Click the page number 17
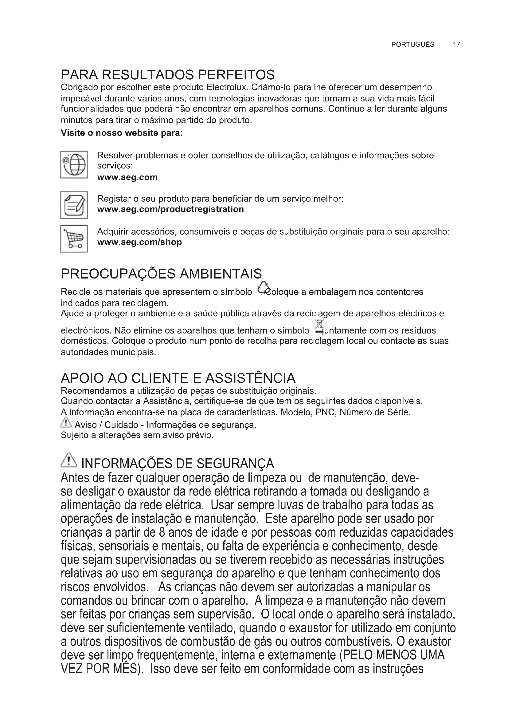tap(456, 45)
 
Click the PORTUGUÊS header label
tap(412, 45)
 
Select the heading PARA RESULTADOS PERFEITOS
tap(168, 75)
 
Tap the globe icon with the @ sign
tap(74, 164)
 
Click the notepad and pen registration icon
tap(74, 205)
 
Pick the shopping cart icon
tap(74, 239)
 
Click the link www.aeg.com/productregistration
tap(170, 209)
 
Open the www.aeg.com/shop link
tap(139, 242)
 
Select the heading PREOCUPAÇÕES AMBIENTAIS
tap(161, 274)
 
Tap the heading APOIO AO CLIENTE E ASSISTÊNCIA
tap(178, 378)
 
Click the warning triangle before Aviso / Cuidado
tap(66, 423)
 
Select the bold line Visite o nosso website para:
tap(122, 133)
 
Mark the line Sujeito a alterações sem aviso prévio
tap(137, 435)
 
